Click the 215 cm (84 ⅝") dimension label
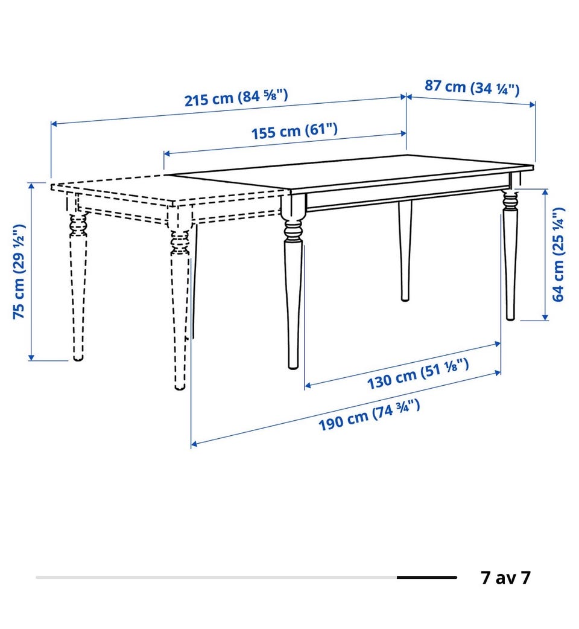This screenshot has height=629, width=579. pyautogui.click(x=236, y=97)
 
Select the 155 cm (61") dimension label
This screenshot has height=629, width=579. pyautogui.click(x=294, y=131)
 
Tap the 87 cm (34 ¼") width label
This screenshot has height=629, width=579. pyautogui.click(x=472, y=88)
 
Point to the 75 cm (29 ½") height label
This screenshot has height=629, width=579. pyautogui.click(x=19, y=272)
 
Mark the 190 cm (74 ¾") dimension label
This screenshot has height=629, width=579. pyautogui.click(x=369, y=415)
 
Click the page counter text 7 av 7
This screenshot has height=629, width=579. pyautogui.click(x=505, y=577)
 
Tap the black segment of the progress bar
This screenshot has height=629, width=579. pyautogui.click(x=427, y=577)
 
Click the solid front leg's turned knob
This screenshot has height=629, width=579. pyautogui.click(x=293, y=231)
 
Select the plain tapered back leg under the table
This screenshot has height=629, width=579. pyautogui.click(x=405, y=251)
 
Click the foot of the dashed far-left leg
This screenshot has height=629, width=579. pyautogui.click(x=78, y=357)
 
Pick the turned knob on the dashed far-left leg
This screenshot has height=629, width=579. pyautogui.click(x=78, y=226)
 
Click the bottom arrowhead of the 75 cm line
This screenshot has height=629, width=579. pyautogui.click(x=31, y=357)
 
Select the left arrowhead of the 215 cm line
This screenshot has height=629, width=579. pyautogui.click(x=54, y=124)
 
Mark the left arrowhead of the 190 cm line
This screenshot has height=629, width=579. pyautogui.click(x=194, y=444)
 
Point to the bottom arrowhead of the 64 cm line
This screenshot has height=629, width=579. pyautogui.click(x=545, y=317)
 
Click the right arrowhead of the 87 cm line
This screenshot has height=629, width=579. pyautogui.click(x=532, y=104)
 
